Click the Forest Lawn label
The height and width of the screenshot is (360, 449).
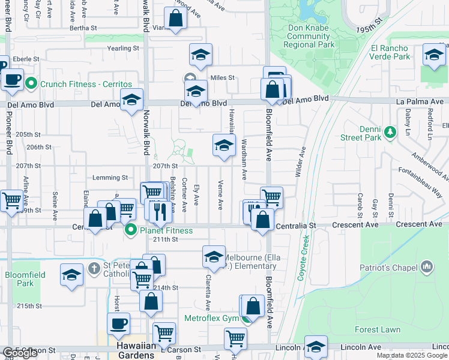tap(378, 329)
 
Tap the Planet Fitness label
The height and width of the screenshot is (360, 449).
tap(166, 230)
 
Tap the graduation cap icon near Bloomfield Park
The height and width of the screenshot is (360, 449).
tap(71, 274)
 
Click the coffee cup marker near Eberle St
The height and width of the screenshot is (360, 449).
tap(12, 79)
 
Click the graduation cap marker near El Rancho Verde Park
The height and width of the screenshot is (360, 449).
tap(434, 55)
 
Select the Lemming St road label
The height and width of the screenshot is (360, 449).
tap(110, 178)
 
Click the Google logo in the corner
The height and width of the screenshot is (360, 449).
tap(20, 353)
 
